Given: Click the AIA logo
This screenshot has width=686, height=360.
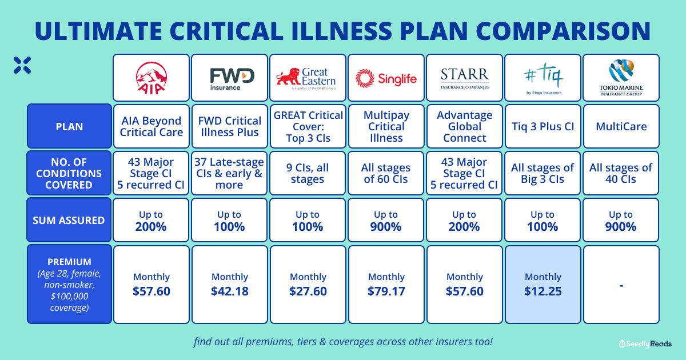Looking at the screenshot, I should [x=151, y=77].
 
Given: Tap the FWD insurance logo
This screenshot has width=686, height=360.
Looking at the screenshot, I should [x=229, y=78].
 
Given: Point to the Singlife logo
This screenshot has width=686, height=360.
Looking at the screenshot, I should [x=386, y=77].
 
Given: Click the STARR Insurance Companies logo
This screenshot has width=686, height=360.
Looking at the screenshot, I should [x=464, y=77].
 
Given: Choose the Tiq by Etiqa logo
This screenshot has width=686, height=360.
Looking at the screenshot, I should [x=543, y=77].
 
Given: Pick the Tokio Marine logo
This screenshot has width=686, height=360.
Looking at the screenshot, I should [x=621, y=77].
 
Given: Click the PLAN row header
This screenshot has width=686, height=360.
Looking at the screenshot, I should [x=69, y=126].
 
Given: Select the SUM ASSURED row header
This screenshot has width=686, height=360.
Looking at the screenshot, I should [x=69, y=220].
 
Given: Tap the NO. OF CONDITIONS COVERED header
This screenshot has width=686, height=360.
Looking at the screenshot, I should [x=69, y=173].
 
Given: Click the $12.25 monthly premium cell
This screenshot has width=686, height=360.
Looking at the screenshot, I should [x=543, y=284].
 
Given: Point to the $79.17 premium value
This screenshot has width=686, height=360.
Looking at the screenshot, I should [x=386, y=291].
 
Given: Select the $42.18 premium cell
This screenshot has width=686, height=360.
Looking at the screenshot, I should [x=229, y=284].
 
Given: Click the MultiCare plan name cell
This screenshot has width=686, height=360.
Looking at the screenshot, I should [x=621, y=126].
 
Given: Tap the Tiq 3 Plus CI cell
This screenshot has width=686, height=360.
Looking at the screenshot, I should [x=543, y=126].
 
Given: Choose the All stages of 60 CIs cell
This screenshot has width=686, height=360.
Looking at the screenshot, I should [x=386, y=173].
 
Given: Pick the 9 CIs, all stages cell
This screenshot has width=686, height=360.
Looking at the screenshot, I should [x=308, y=173].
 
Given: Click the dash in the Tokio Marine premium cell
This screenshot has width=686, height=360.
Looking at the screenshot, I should [x=621, y=285].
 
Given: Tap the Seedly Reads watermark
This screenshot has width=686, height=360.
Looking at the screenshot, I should [x=645, y=343].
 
